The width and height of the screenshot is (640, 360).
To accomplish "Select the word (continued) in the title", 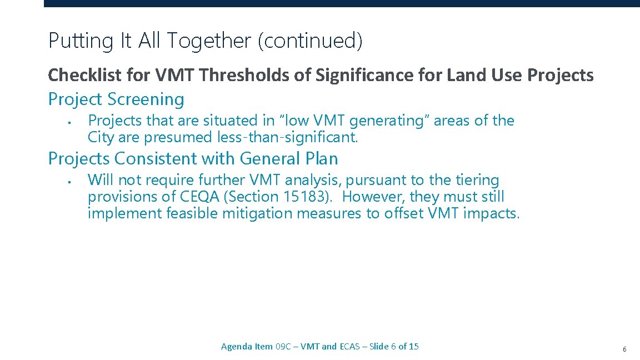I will coord(310,41).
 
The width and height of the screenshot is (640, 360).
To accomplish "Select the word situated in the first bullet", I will coord(229,121).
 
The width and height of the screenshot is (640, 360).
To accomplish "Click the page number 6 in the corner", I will coord(624,349).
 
